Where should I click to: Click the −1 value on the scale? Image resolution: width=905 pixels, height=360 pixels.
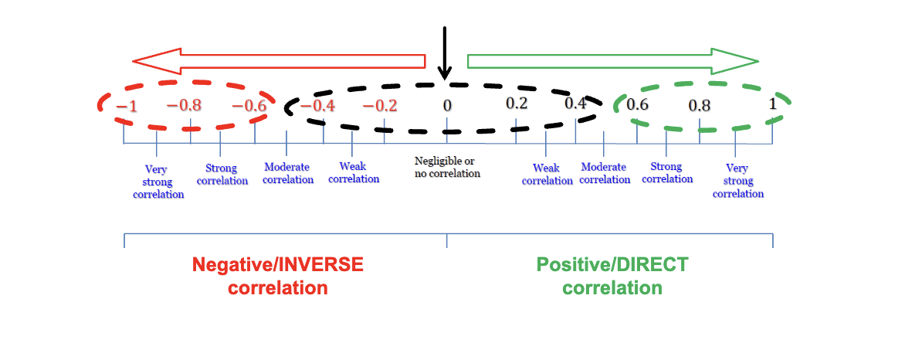click(127, 106)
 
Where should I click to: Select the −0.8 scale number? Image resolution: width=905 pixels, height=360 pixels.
click(185, 105)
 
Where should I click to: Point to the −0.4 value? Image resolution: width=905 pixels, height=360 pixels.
click(317, 106)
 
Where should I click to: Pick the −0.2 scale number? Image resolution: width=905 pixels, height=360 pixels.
click(380, 106)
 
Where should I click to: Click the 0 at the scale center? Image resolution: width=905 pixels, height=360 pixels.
click(446, 106)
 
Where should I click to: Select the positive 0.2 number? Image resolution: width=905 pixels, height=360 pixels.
click(517, 104)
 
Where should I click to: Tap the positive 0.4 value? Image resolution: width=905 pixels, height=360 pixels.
click(575, 104)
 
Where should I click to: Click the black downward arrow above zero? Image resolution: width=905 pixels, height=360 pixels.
click(444, 53)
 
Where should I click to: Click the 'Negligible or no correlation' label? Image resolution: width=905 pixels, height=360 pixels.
click(447, 168)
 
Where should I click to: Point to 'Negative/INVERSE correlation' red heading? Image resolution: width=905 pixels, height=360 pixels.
click(277, 277)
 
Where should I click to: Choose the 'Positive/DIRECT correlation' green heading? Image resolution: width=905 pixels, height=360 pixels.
click(612, 277)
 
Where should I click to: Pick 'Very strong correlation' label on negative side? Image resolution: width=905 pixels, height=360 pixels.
click(158, 182)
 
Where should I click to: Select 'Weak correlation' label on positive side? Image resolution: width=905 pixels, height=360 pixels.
click(547, 175)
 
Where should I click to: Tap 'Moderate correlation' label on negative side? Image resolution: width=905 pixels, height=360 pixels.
click(288, 173)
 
